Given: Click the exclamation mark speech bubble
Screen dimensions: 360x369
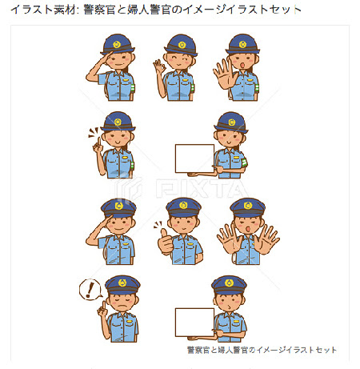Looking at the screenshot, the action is [x=90, y=290].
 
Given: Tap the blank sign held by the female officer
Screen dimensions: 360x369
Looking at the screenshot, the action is [x=194, y=158].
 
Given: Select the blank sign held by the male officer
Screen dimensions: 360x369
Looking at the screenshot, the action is [x=194, y=323].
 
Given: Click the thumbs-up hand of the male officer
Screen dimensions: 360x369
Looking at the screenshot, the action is [x=166, y=242].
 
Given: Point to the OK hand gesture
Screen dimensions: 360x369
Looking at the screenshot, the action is [x=159, y=66].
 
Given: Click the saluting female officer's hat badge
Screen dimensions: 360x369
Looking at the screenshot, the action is [x=117, y=44].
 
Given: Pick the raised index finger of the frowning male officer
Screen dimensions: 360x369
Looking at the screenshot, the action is [x=103, y=306].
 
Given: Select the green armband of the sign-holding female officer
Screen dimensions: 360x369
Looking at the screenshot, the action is [x=245, y=162].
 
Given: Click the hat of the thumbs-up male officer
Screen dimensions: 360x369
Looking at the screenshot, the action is [x=183, y=207].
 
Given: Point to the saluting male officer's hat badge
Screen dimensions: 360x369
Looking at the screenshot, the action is [x=119, y=206].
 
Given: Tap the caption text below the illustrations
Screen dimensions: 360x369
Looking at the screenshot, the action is [x=262, y=350].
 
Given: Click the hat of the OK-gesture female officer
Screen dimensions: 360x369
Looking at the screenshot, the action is [x=181, y=45].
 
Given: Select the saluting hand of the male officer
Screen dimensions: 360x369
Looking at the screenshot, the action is [x=110, y=220].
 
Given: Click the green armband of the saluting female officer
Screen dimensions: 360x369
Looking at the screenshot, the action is [x=133, y=88].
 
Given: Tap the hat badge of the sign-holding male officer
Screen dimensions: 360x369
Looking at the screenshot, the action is [x=229, y=283].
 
